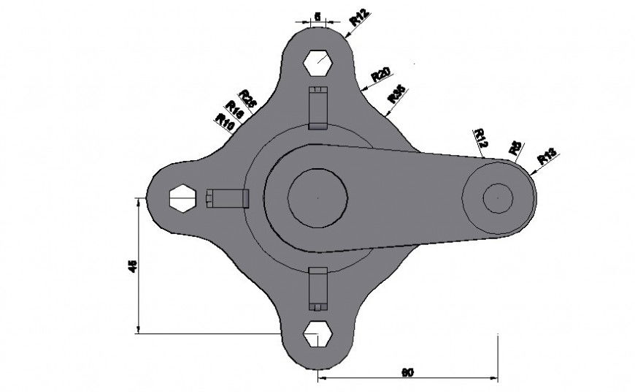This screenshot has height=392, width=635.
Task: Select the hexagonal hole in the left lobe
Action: pyautogui.click(x=182, y=197)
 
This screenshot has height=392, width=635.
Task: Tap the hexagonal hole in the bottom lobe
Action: pyautogui.click(x=318, y=333)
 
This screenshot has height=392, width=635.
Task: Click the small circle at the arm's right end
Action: pyautogui.click(x=499, y=197)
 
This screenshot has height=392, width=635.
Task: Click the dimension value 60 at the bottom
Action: pyautogui.click(x=409, y=372)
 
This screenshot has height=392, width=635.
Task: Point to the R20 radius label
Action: pyautogui.click(x=381, y=73)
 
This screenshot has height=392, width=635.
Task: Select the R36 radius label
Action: pyautogui.click(x=396, y=94)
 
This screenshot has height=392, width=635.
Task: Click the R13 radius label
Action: pyautogui.click(x=547, y=156)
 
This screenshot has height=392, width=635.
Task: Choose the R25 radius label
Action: pyautogui.click(x=247, y=98)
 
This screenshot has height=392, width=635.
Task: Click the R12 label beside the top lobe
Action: pyautogui.click(x=359, y=17)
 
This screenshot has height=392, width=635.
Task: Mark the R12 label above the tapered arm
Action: pyautogui.click(x=480, y=136)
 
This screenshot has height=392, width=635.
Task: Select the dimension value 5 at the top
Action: pyautogui.click(x=316, y=15)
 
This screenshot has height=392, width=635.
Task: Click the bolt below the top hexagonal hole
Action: pyautogui.click(x=318, y=108)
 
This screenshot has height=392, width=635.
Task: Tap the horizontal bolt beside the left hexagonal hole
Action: pyautogui.click(x=228, y=197)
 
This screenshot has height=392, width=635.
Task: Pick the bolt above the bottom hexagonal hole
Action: pyautogui.click(x=318, y=287)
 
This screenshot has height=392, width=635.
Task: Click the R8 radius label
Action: pyautogui.click(x=515, y=146)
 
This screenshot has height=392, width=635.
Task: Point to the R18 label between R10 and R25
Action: pyautogui.click(x=235, y=110)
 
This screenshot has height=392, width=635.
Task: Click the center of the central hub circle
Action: pyautogui.click(x=317, y=197)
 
